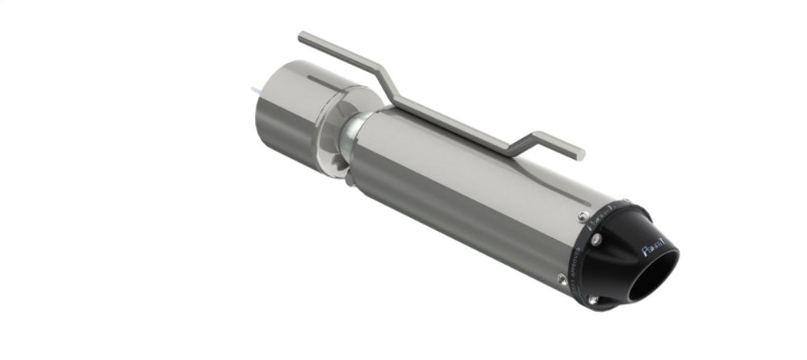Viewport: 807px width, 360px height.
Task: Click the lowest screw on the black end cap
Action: coord(592,300)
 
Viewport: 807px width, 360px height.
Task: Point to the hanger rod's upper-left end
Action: coord(303,36)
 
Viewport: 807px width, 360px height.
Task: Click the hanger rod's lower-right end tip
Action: coord(579,152)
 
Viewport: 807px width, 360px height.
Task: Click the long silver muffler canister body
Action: coord(468,186)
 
